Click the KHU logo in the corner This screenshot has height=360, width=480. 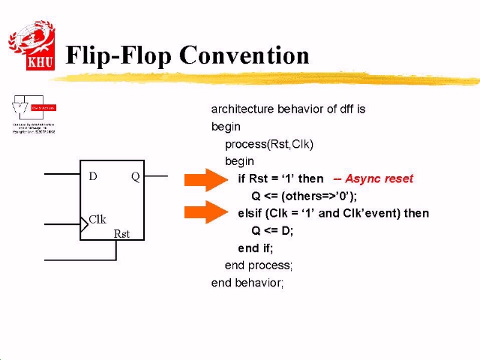[31, 46]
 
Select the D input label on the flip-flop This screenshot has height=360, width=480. [93, 177]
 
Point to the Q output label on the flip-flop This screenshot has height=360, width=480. [135, 177]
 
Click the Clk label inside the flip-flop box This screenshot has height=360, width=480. [97, 220]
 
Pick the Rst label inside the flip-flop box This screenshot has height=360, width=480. [121, 233]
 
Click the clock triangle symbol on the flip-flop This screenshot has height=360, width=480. [85, 223]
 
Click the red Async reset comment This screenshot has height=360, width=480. [373, 178]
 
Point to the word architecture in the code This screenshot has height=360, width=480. [242, 109]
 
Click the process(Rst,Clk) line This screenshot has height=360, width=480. [268, 144]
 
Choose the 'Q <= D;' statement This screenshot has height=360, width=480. [272, 230]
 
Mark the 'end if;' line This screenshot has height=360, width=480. [256, 248]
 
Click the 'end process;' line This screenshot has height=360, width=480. [258, 265]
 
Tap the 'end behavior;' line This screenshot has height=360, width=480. [247, 283]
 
